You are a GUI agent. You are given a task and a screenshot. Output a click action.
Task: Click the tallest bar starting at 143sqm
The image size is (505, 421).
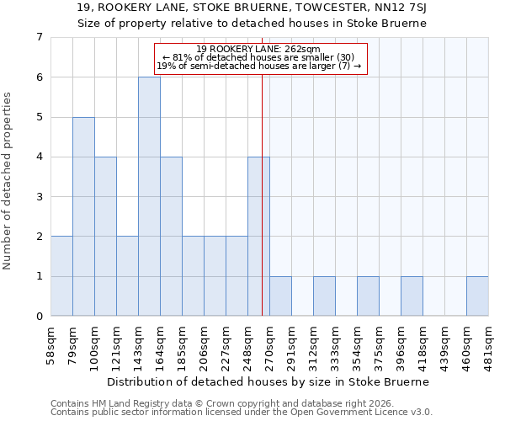(x=149, y=196)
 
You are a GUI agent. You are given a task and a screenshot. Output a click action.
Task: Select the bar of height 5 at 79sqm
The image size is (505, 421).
(x=83, y=216)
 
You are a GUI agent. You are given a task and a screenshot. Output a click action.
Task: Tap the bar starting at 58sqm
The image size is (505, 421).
(x=61, y=276)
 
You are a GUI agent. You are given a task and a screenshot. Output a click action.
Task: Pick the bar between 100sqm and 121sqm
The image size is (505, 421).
(x=105, y=237)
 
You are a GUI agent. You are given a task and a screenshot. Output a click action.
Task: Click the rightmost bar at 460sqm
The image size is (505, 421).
(x=477, y=296)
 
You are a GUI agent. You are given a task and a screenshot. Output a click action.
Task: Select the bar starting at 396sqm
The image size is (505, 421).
(x=412, y=296)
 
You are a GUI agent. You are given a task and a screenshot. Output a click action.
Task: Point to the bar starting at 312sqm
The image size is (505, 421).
(x=324, y=296)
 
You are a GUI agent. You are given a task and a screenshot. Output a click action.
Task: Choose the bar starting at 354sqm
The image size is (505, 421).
(x=368, y=296)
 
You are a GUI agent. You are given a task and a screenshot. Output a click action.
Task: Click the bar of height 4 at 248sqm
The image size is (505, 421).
(x=258, y=237)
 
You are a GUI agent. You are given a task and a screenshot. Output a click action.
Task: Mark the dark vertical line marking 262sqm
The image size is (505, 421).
(x=262, y=194)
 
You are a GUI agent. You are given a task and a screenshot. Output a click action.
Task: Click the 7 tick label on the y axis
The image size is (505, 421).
(x=39, y=37)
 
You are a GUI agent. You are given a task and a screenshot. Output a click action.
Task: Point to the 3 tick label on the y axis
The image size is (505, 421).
(x=39, y=197)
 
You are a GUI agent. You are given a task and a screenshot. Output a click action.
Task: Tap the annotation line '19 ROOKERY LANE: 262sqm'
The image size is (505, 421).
(x=261, y=49)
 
